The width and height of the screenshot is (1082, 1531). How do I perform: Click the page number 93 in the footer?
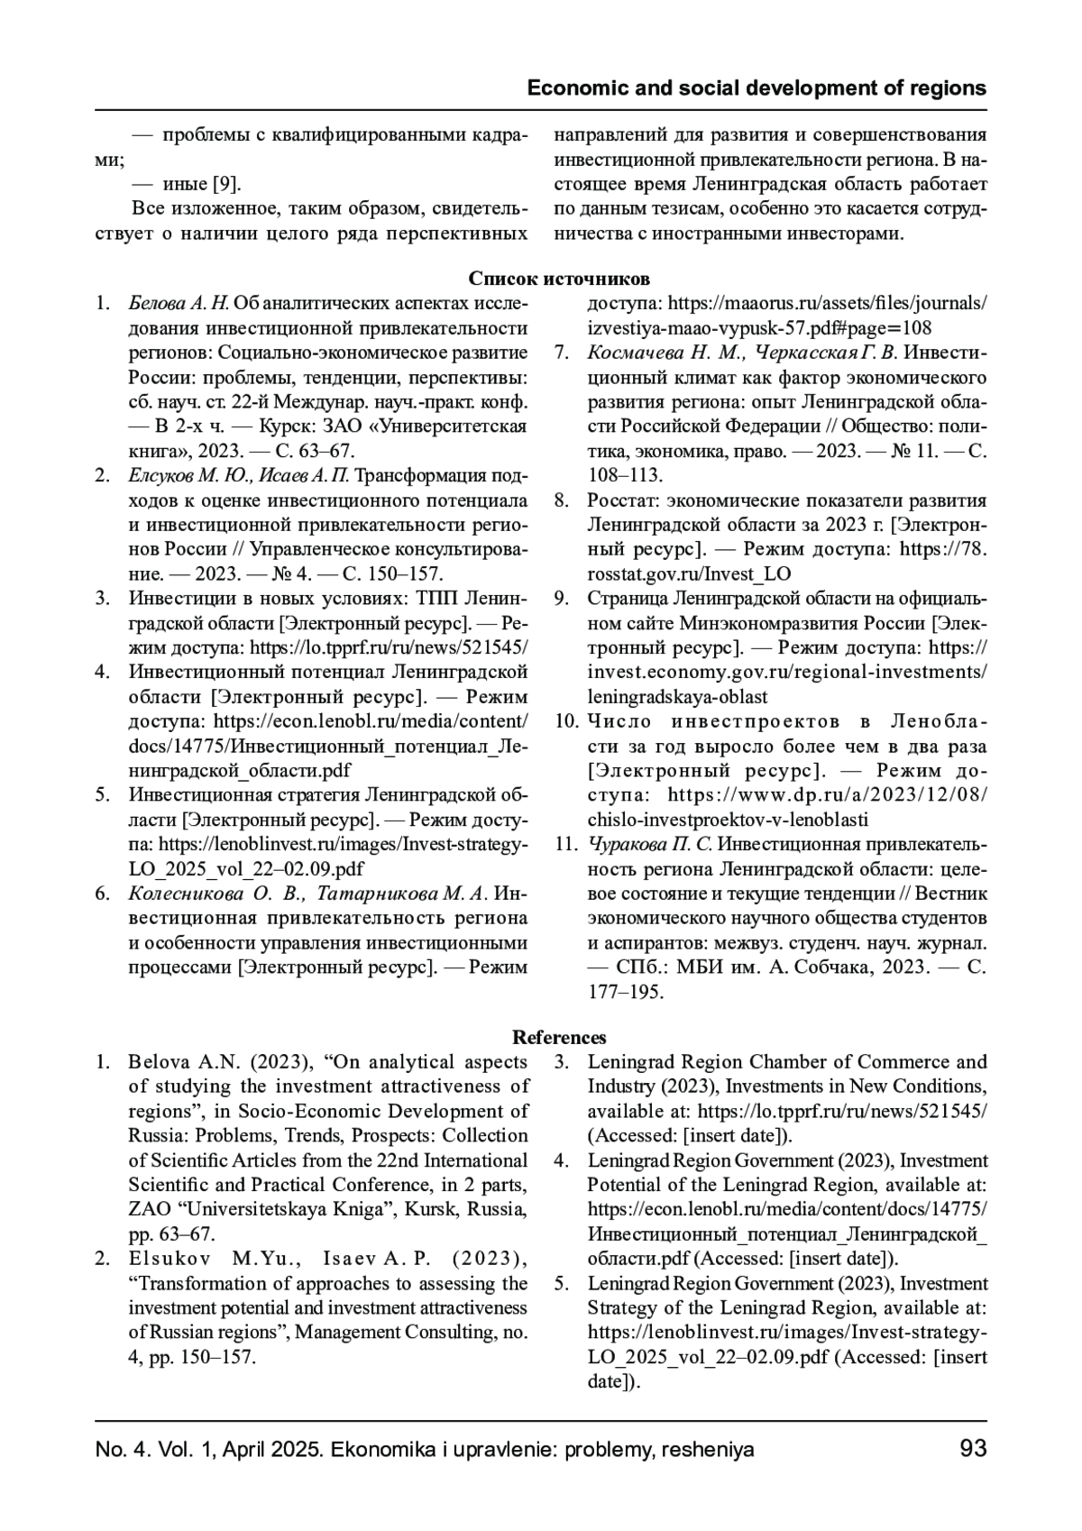point(973,1449)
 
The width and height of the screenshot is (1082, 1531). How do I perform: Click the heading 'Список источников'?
point(559,279)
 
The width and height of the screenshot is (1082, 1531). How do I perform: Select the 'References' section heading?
point(559,1038)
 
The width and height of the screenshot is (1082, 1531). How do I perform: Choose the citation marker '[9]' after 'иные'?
point(226,185)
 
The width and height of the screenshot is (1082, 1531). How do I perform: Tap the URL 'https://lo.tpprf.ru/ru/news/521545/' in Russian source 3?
point(389,647)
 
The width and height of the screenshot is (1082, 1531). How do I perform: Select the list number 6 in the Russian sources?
point(103,894)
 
